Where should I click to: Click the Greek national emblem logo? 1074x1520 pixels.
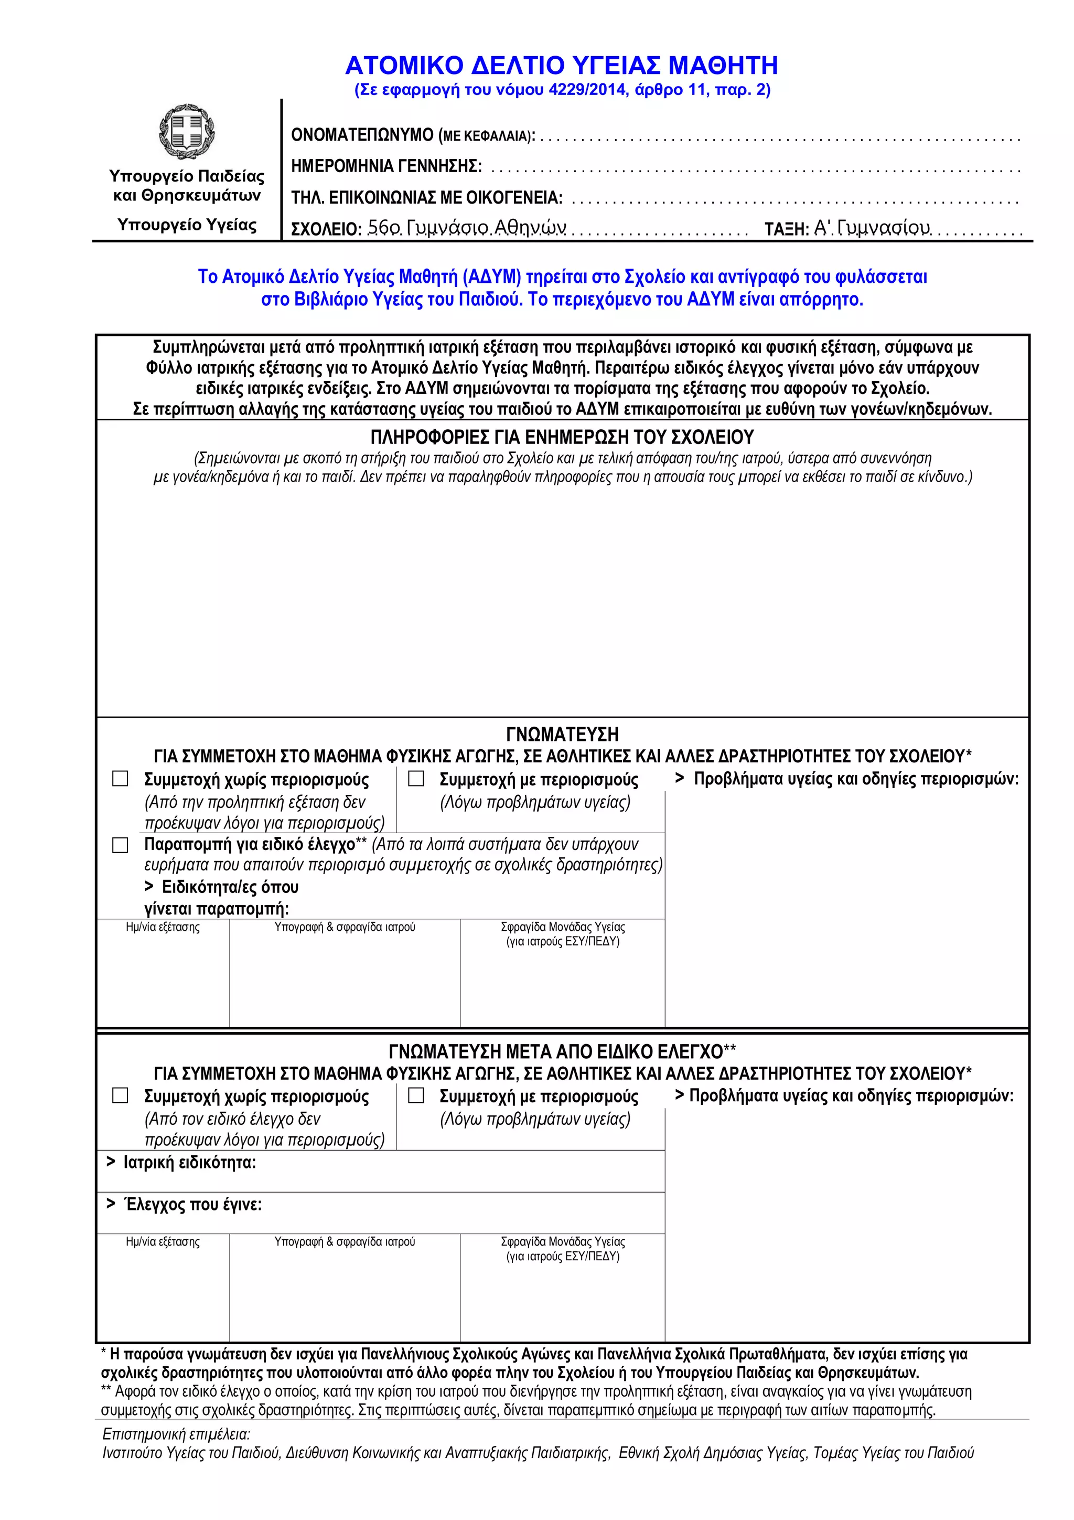pyautogui.click(x=187, y=131)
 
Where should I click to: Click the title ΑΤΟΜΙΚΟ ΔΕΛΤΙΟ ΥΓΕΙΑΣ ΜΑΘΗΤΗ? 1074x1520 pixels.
pyautogui.click(x=561, y=66)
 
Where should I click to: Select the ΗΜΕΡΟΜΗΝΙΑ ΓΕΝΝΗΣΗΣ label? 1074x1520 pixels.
pyautogui.click(x=386, y=166)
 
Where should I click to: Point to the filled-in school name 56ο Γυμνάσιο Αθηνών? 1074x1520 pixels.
pyautogui.click(x=467, y=228)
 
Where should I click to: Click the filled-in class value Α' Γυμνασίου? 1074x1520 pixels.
pyautogui.click(x=872, y=228)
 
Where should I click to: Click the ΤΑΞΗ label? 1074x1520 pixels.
pyautogui.click(x=786, y=230)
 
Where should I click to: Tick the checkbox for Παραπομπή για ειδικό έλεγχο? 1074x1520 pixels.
pyautogui.click(x=120, y=845)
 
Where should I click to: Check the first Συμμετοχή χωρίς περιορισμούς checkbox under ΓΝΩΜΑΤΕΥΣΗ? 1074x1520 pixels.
pyautogui.click(x=120, y=779)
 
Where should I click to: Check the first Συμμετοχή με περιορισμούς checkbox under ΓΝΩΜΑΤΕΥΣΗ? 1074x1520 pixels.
pyautogui.click(x=415, y=779)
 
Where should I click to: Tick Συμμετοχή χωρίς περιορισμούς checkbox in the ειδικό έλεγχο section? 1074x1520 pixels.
pyautogui.click(x=120, y=1096)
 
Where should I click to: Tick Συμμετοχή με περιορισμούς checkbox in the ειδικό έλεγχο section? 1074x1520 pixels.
pyautogui.click(x=415, y=1096)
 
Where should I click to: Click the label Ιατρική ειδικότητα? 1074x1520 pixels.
pyautogui.click(x=189, y=1163)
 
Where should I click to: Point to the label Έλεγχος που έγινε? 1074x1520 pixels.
pyautogui.click(x=192, y=1205)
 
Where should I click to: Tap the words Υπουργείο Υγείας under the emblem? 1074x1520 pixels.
pyautogui.click(x=187, y=225)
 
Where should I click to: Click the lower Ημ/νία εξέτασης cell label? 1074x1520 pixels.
pyautogui.click(x=163, y=1242)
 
